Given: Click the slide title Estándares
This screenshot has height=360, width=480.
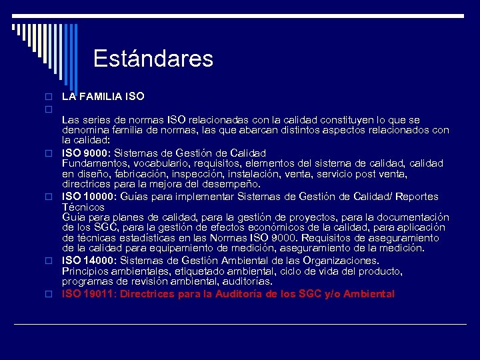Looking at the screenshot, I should coord(153,59).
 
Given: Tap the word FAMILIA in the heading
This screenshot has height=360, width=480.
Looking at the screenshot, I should coord(100,97).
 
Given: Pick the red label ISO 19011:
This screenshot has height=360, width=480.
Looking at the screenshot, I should coord(89,294).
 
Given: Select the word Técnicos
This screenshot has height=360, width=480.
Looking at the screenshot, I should coord(83,207).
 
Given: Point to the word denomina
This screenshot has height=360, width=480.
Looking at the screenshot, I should coord(85,129).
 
